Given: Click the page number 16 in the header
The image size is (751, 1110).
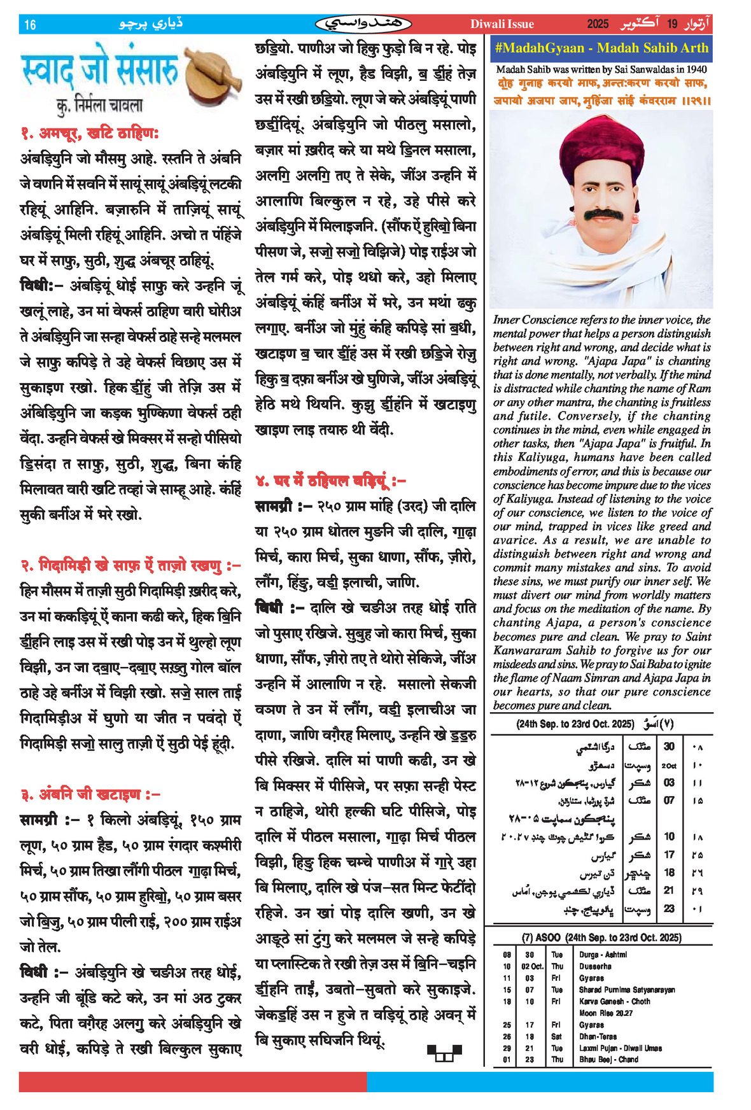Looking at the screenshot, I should click(x=30, y=25).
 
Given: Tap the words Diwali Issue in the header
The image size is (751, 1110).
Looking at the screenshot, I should click(x=502, y=24).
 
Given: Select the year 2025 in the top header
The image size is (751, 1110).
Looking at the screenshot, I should click(x=598, y=24).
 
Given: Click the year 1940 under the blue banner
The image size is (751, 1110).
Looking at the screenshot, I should click(x=694, y=69).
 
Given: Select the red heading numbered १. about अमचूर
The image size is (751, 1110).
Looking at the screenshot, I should click(x=89, y=133).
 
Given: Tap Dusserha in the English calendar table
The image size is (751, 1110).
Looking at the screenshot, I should click(x=593, y=966).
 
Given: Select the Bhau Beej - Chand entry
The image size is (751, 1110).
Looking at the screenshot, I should click(x=608, y=1060).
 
